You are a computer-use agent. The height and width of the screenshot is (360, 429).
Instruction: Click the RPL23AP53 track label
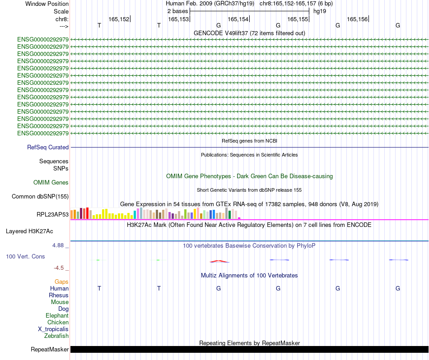pyautogui.click(x=52, y=214)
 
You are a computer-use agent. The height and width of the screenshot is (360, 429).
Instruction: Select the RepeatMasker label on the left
pyautogui.click(x=50, y=349)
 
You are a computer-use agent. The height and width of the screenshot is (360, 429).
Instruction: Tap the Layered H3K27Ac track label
pyautogui.click(x=29, y=231)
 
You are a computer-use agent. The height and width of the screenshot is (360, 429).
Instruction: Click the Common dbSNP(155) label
pyautogui.click(x=40, y=196)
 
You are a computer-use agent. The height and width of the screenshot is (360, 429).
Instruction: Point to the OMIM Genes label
pyautogui.click(x=51, y=183)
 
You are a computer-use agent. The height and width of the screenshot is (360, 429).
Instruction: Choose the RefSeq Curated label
pyautogui.click(x=48, y=147)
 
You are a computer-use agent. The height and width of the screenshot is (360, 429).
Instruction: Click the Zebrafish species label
pyautogui.click(x=56, y=336)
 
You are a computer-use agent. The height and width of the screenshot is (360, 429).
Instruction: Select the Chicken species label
pyautogui.click(x=58, y=322)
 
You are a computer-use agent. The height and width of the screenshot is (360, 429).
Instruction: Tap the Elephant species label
pyautogui.click(x=57, y=315)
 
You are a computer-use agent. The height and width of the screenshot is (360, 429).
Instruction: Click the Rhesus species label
pyautogui.click(x=59, y=295)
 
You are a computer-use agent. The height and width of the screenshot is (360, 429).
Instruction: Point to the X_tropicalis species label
pyautogui.click(x=53, y=329)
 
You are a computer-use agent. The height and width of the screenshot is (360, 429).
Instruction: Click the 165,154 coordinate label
pyautogui.click(x=238, y=19)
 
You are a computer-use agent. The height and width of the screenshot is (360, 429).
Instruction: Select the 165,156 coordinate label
pyautogui.click(x=357, y=19)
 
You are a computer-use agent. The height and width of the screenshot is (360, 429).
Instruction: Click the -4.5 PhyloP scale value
pyautogui.click(x=60, y=268)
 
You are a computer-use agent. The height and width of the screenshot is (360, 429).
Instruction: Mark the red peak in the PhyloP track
pyautogui.click(x=219, y=261)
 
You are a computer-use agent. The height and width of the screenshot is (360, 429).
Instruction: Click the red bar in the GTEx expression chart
pyautogui.click(x=87, y=213)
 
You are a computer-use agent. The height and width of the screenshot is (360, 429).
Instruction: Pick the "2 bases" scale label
pyautogui.click(x=177, y=11)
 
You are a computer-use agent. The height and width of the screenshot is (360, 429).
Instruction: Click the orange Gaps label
pyautogui.click(x=61, y=282)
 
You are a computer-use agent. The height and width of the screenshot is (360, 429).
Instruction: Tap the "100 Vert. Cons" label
pyautogui.click(x=25, y=256)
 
